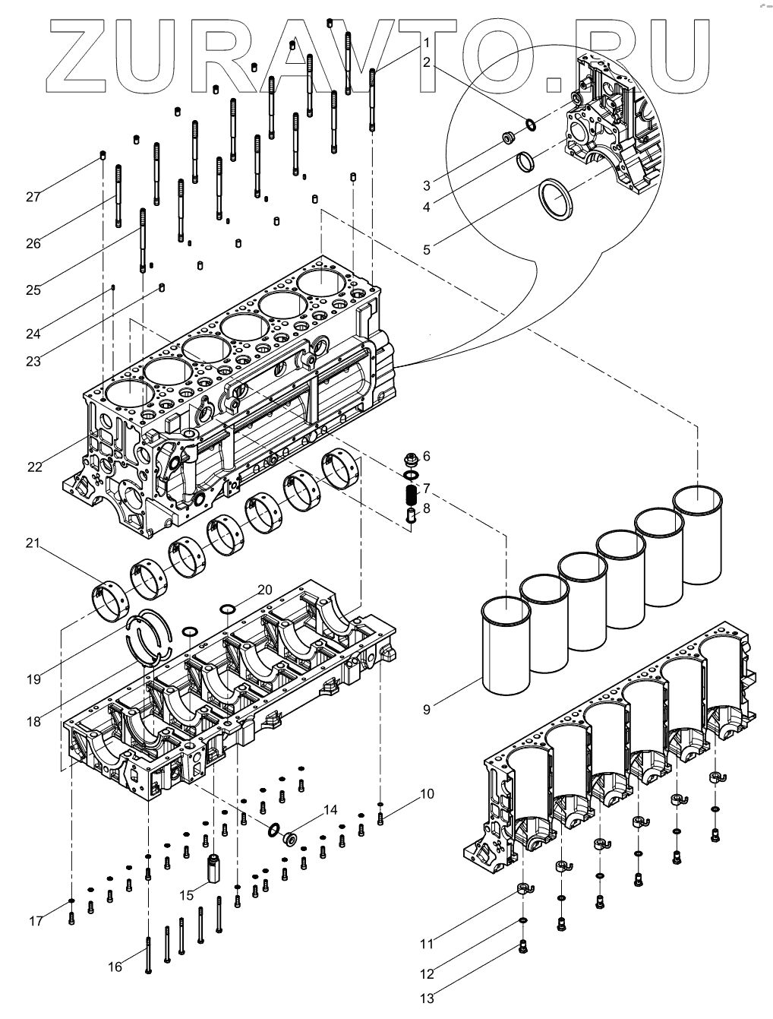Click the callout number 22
34,467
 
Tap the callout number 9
427,709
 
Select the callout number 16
115,967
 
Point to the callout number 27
33,197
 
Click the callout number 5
427,250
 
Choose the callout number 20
265,590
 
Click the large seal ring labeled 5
556,199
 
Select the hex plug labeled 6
411,459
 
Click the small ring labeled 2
531,125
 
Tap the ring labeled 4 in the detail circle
525,163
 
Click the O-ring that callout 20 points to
228,609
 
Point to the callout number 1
427,43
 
